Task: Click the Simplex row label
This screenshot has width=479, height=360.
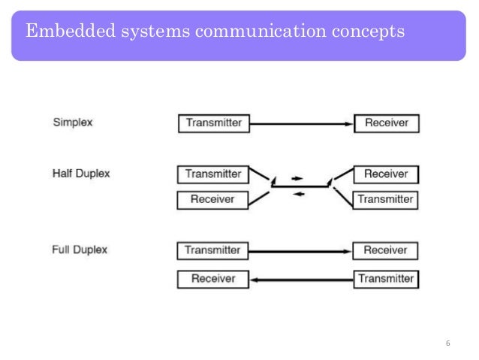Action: pos(73,123)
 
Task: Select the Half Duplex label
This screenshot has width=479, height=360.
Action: pos(81,174)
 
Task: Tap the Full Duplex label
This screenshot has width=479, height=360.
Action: pos(80,250)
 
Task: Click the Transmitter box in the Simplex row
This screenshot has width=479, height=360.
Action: pos(213,123)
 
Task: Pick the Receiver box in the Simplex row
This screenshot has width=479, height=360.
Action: pos(386,123)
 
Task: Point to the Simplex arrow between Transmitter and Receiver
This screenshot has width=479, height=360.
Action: pos(301,123)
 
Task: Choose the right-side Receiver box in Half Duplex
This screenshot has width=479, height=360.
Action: pos(385,174)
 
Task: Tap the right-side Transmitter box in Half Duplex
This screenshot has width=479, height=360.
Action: pos(385,200)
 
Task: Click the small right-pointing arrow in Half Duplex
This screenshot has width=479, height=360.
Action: pos(297,178)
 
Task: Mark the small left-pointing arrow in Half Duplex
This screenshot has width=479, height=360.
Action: pos(298,194)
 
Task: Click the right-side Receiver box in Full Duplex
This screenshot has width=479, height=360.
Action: pos(385,250)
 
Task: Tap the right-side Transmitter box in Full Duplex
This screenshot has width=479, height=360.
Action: pos(385,279)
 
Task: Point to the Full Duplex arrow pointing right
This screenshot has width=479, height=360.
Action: pos(300,250)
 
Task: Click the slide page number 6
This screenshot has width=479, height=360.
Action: pos(447,343)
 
